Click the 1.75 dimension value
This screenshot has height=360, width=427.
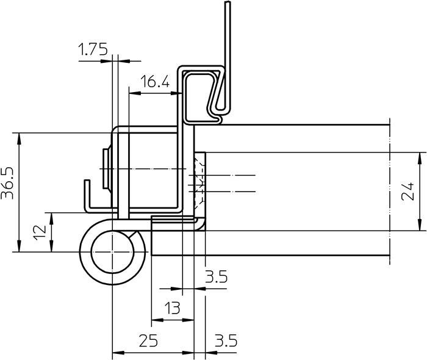(93, 49)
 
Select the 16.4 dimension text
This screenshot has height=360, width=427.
(155, 81)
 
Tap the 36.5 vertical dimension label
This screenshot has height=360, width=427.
(7, 183)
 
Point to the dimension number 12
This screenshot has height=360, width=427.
(40, 232)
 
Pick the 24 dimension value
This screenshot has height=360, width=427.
(407, 192)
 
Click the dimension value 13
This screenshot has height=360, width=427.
(172, 308)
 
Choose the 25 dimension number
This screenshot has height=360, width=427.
(148, 340)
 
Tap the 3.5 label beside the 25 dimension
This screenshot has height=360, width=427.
(226, 340)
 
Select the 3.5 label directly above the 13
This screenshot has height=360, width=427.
(216, 276)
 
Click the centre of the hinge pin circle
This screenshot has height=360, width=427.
(112, 252)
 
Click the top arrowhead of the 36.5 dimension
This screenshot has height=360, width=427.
(19, 139)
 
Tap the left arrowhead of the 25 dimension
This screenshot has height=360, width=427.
(118, 353)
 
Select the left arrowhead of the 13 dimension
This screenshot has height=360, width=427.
(157, 320)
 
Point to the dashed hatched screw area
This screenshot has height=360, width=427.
(198, 182)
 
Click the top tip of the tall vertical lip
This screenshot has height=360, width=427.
(228, 2)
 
